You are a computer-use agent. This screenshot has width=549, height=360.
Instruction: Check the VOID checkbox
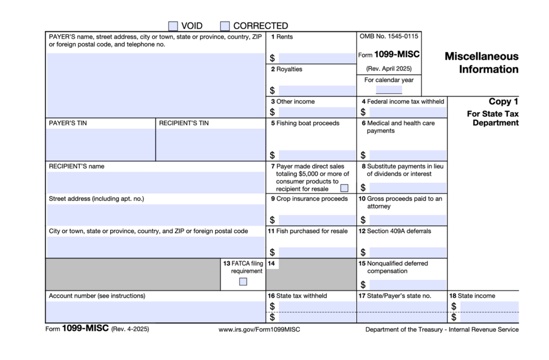173,26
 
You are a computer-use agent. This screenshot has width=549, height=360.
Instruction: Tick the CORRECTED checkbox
225,26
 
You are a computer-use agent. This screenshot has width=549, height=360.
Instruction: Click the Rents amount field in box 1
316,58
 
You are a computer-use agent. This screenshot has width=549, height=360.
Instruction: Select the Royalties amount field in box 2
316,91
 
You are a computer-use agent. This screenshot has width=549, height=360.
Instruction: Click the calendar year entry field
389,89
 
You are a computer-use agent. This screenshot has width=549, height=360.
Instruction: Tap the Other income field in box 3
316,112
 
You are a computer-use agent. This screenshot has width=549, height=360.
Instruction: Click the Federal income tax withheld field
407,112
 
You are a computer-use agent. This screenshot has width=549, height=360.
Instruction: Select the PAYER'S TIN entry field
101,144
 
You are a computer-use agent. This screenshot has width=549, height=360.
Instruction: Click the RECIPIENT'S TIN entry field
211,144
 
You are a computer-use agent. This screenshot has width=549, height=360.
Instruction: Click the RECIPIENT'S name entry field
156,182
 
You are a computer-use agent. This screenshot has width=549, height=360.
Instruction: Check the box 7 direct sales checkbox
344,188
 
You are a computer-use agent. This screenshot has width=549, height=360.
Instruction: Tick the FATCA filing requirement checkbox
243,281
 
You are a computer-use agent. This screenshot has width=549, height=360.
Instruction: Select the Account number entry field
156,312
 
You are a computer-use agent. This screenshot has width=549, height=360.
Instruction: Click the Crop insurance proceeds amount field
316,220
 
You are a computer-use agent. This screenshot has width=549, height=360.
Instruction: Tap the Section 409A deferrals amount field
407,253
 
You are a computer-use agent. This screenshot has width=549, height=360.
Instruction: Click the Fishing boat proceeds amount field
316,156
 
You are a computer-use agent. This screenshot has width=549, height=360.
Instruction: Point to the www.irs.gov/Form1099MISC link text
259,330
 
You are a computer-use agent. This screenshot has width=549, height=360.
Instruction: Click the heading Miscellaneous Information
482,63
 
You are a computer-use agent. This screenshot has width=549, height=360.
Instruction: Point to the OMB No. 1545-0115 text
388,37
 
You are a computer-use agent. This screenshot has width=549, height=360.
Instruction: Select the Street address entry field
156,215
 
